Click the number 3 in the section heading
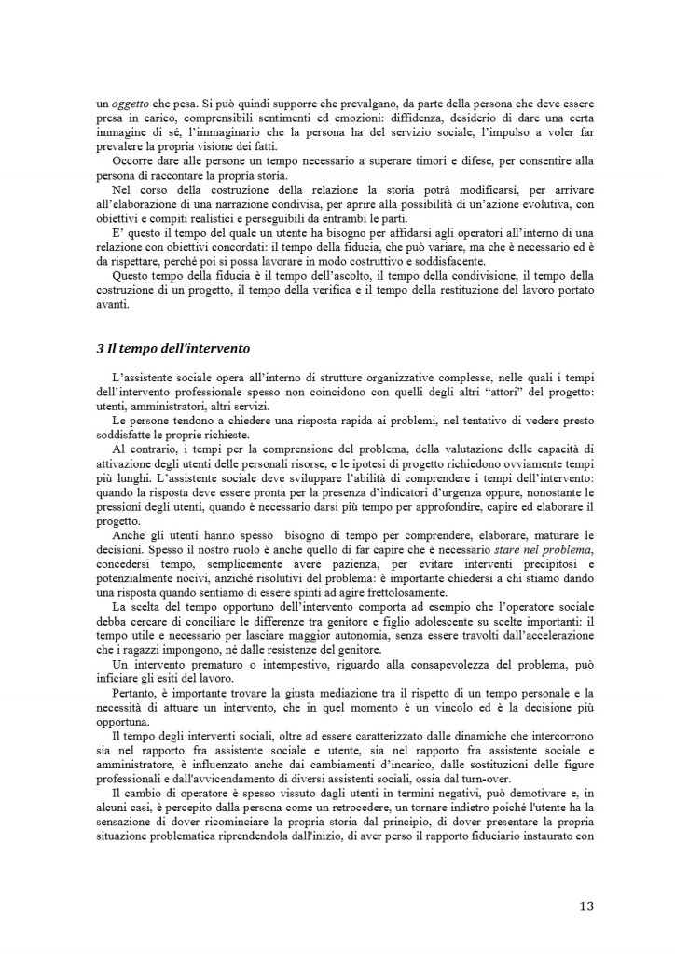coord(100,349)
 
